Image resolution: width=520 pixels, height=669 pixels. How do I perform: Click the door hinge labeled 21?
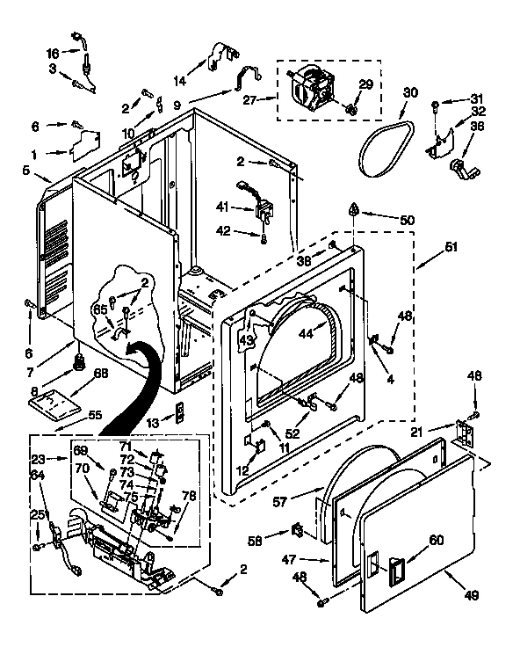pyautogui.click(x=462, y=432)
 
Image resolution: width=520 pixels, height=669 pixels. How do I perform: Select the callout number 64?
pyautogui.click(x=36, y=476)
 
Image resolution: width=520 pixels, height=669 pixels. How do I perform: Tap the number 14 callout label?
pyautogui.click(x=179, y=81)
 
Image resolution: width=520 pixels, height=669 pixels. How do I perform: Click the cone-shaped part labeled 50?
pyautogui.click(x=352, y=210)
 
